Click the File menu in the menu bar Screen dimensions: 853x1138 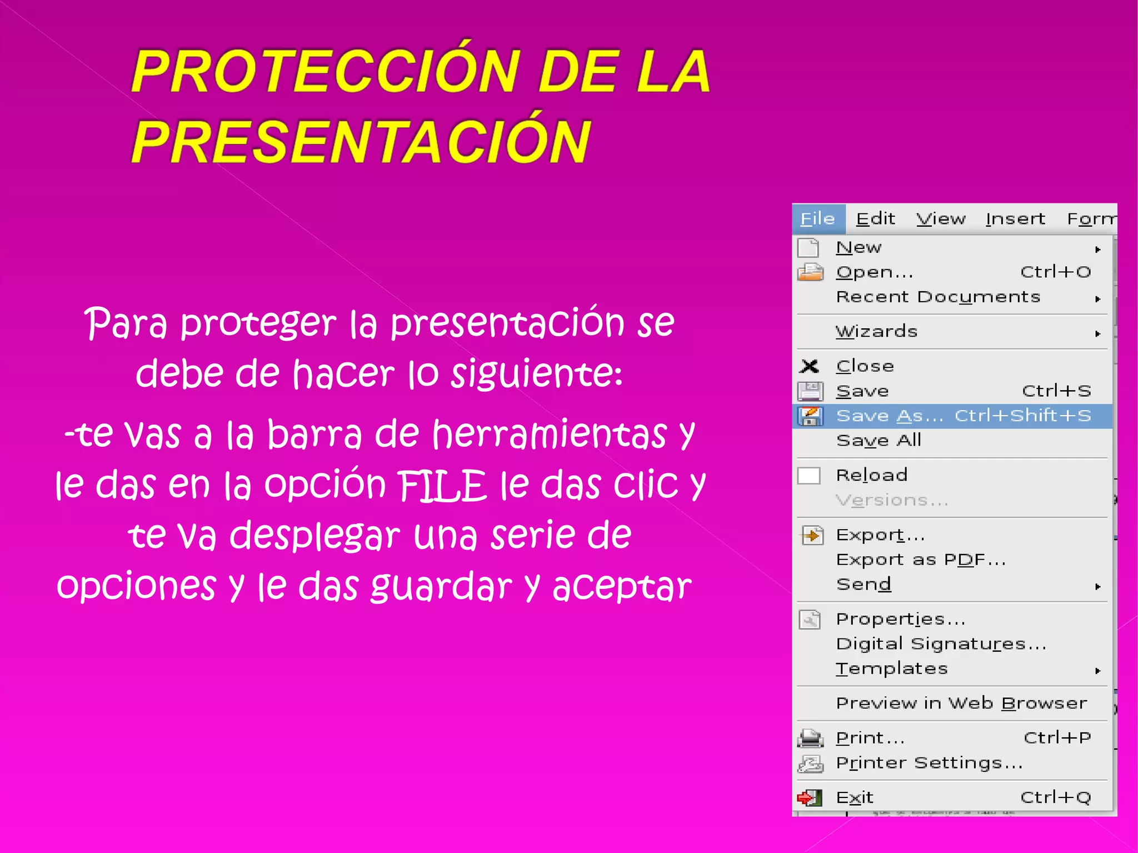817,219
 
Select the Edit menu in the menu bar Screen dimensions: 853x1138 875,219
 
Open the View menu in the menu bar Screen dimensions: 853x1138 941,219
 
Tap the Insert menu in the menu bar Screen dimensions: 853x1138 1015,219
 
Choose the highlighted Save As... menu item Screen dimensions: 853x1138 890,416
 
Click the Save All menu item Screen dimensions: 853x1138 879,440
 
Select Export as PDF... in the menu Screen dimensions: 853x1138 921,560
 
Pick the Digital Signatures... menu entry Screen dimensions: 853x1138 941,644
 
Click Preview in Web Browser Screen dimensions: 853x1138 961,703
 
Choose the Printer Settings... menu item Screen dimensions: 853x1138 929,762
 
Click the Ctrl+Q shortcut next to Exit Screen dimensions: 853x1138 1056,797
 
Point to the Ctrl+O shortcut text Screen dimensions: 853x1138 1056,272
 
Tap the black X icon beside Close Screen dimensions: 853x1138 810,366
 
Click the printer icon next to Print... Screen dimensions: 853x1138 810,738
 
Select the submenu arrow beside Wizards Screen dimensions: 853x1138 1097,333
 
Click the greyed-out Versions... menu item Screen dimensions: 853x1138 892,500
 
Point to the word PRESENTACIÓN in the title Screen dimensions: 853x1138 361,141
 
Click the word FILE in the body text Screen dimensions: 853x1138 443,485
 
